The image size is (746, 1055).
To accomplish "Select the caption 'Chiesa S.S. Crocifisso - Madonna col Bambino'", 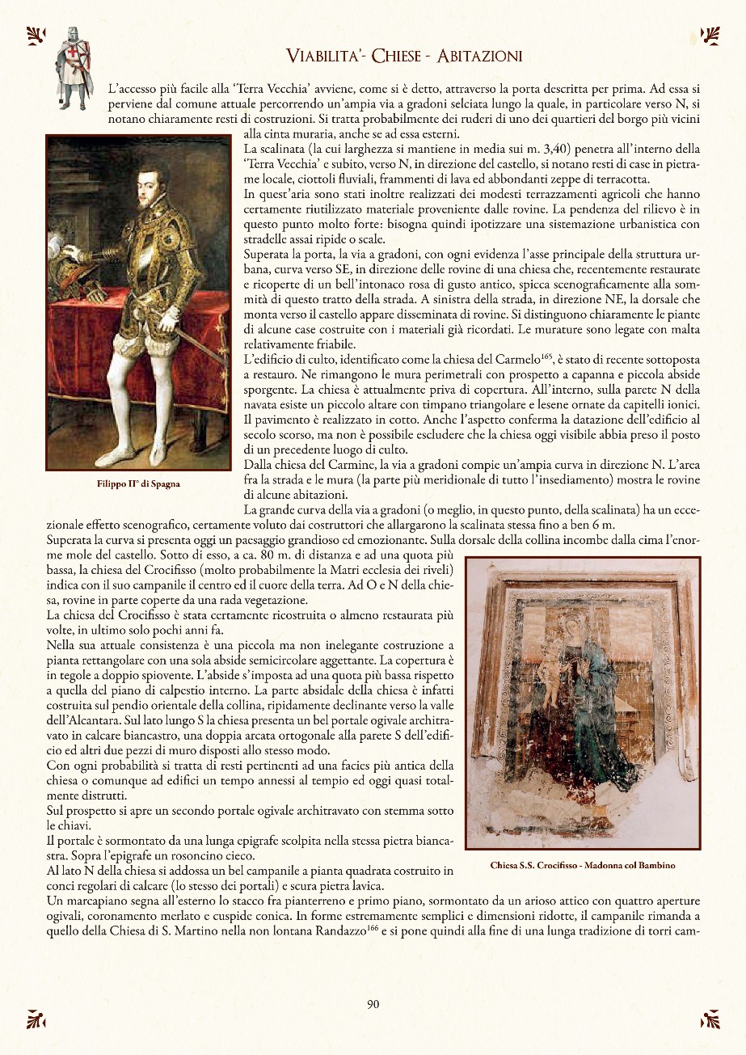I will point(583,865).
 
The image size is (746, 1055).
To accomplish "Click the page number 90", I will point(373,1005).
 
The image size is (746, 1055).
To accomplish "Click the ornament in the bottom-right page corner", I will point(709,1019).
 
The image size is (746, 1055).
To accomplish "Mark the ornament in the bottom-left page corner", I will point(36,1019).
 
